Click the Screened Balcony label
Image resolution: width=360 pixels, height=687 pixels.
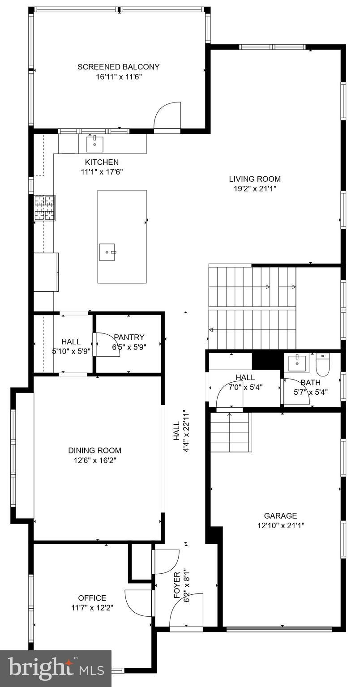tap(118, 67)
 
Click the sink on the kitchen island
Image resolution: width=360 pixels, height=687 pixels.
tap(107, 252)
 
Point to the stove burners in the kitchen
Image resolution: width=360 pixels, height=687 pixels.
tap(45, 208)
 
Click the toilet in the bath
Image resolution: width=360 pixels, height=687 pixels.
tap(322, 364)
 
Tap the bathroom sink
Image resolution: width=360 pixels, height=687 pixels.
tap(296, 363)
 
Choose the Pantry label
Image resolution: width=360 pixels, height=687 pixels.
tap(129, 337)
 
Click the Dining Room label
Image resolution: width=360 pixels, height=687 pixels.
tap(94, 450)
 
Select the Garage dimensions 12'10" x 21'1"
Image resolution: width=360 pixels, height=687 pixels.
tap(280, 526)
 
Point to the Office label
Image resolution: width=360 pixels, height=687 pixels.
tap(92, 598)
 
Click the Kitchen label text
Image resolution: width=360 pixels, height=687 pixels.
tap(102, 162)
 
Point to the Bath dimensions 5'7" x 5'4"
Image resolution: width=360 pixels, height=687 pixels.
tap(310, 393)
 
